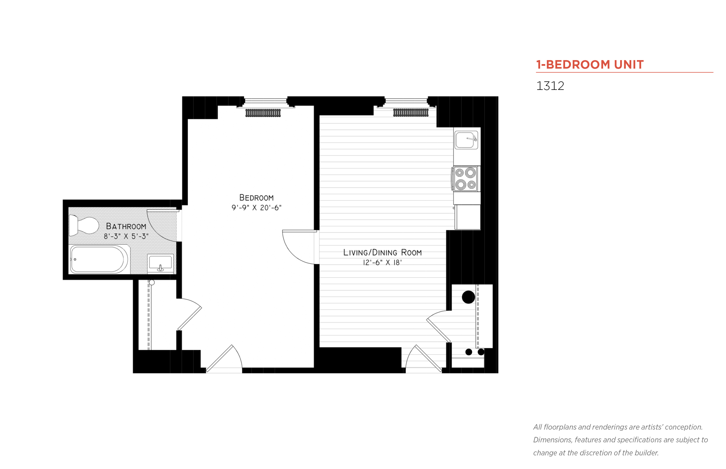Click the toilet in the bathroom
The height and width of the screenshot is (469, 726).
[x=84, y=225]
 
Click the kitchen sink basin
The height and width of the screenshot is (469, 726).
[x=465, y=140]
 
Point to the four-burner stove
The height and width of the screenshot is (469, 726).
[x=465, y=179]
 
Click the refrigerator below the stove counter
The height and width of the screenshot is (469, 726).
[x=467, y=217]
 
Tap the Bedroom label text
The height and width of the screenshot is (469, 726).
[x=256, y=198]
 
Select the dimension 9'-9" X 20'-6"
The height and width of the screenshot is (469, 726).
[x=256, y=208]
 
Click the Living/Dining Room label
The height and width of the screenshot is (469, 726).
[x=382, y=252]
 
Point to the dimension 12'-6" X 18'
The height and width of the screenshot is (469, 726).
[x=382, y=263]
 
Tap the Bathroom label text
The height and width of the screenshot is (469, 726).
[x=126, y=226]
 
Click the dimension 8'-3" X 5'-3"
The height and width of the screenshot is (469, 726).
[x=126, y=236]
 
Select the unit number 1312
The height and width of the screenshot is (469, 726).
[x=550, y=86]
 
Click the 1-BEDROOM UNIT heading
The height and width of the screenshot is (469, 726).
[x=589, y=65]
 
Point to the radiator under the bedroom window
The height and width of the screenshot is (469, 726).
[x=263, y=113]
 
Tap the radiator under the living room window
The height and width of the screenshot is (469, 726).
[x=411, y=113]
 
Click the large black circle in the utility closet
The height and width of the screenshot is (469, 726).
[x=468, y=297]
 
